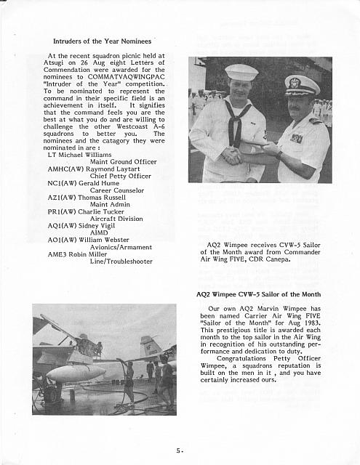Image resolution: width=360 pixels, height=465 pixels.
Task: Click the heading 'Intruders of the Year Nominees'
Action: pyautogui.click(x=102, y=42)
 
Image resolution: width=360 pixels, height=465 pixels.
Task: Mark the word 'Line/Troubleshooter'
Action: pyautogui.click(x=121, y=261)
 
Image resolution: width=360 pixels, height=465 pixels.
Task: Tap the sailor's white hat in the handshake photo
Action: pyautogui.click(x=241, y=72)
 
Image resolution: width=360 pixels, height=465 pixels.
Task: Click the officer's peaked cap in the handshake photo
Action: pyautogui.click(x=302, y=85)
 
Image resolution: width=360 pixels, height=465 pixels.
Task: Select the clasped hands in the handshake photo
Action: pyautogui.click(x=234, y=154)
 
